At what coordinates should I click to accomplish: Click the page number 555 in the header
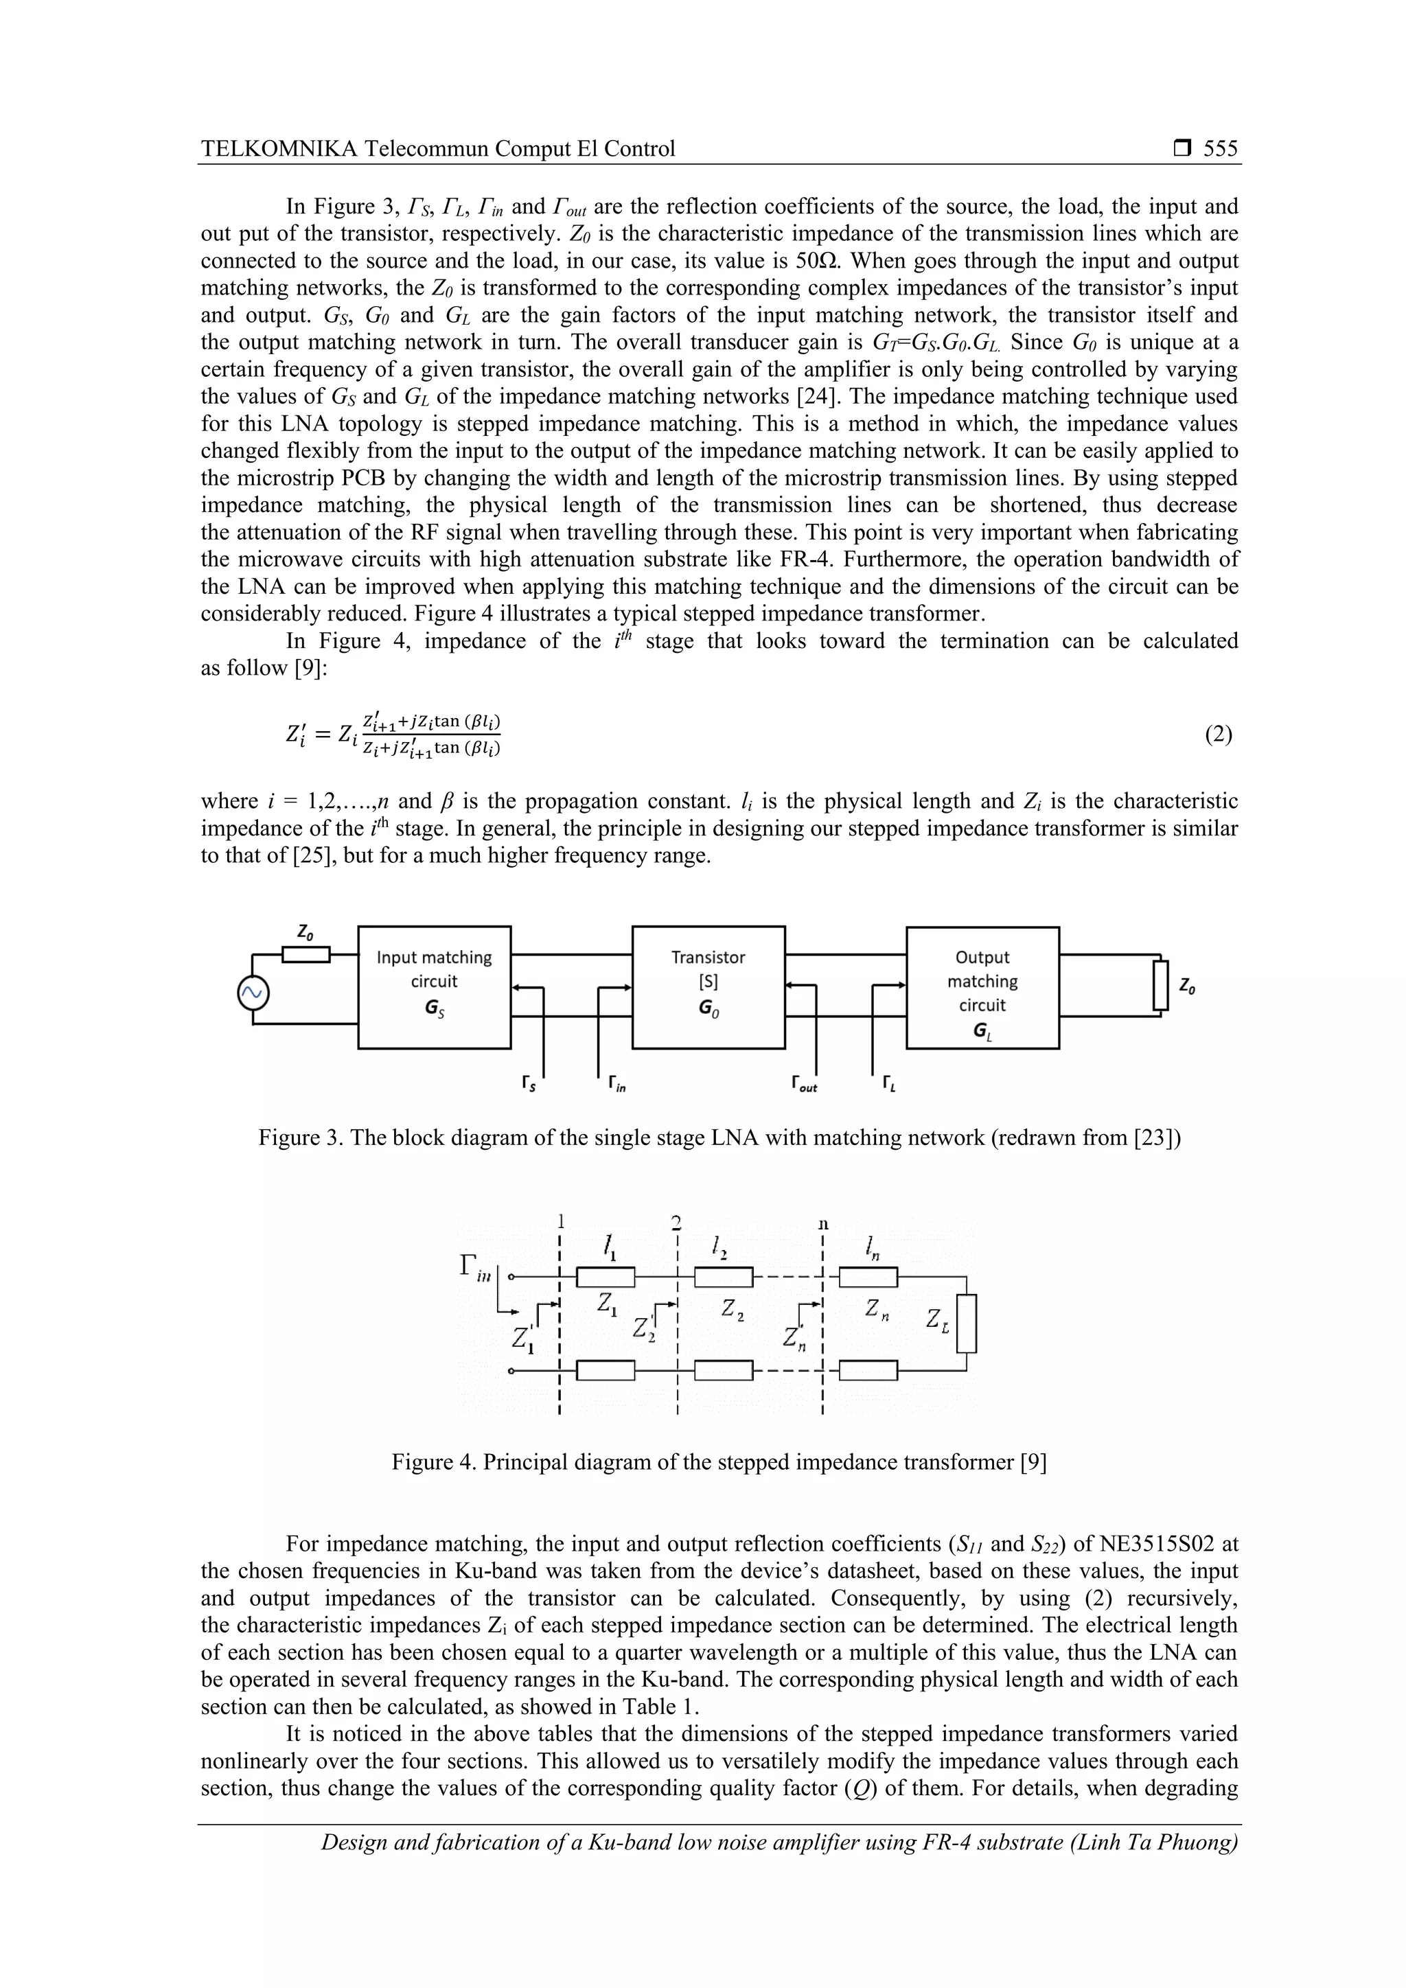(x=1220, y=149)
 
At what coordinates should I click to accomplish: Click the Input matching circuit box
(x=434, y=987)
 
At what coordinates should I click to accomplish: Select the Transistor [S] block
(x=708, y=987)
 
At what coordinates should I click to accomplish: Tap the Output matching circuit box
(x=982, y=987)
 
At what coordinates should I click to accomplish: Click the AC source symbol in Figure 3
(x=253, y=994)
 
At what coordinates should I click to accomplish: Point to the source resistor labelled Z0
(x=306, y=954)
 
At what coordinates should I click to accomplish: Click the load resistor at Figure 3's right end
(x=1161, y=985)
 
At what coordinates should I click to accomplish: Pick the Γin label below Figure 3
(x=616, y=1083)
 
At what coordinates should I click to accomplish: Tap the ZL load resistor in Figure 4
(x=967, y=1323)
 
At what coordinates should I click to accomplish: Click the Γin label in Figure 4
(x=474, y=1269)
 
